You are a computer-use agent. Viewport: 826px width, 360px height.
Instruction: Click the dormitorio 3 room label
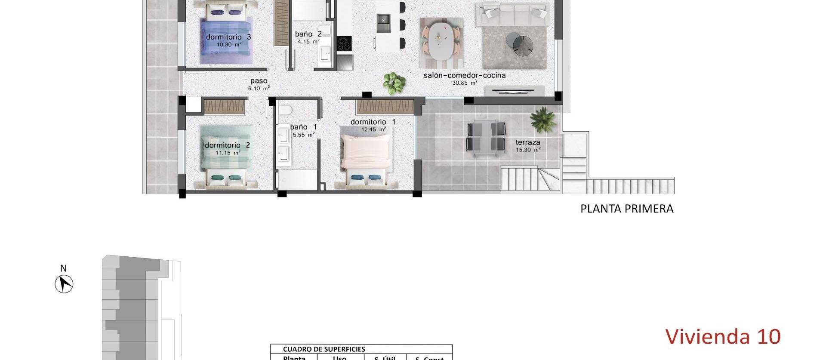[x=228, y=37]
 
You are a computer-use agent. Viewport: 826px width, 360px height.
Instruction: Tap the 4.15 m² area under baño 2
[x=308, y=42]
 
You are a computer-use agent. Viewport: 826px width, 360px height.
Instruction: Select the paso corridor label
[x=259, y=81]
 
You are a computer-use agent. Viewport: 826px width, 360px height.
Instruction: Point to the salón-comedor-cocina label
[x=464, y=75]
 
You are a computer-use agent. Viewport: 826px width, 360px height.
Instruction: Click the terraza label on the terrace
[x=527, y=142]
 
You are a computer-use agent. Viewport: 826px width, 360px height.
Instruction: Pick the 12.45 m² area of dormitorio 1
[x=373, y=129]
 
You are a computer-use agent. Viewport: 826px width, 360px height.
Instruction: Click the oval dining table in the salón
[x=441, y=41]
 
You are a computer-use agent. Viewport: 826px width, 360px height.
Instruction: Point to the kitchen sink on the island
[x=383, y=19]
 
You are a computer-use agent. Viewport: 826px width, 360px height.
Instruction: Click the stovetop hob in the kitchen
[x=344, y=43]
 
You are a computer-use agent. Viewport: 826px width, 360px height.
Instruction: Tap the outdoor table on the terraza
[x=486, y=137]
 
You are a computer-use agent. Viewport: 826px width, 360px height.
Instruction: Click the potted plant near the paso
[x=394, y=83]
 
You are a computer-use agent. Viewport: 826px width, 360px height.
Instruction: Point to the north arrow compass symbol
[x=64, y=284]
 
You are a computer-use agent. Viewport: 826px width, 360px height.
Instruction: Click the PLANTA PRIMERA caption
[x=626, y=209]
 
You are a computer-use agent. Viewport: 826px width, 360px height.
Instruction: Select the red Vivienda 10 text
[x=723, y=336]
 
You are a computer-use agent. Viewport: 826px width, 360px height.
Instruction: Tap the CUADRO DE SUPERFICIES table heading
[x=324, y=349]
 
